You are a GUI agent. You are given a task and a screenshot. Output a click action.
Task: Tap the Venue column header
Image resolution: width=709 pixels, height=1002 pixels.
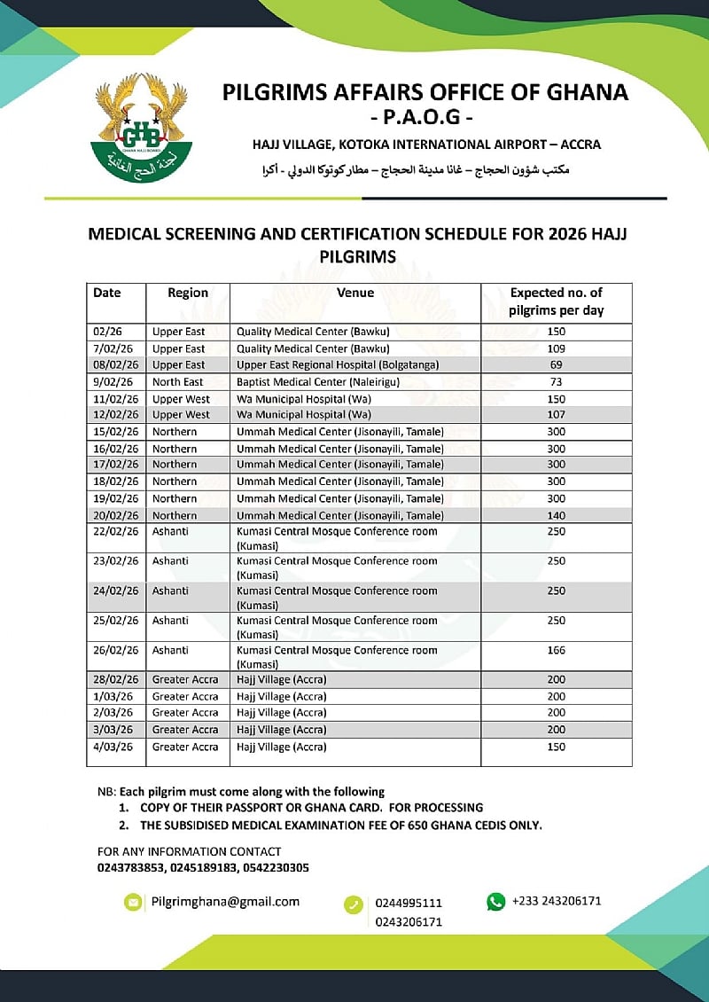click(x=355, y=293)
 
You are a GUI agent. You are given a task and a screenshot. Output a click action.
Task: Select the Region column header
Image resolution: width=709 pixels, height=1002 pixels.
click(x=188, y=293)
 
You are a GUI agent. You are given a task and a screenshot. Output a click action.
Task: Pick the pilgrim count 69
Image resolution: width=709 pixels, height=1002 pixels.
click(x=556, y=364)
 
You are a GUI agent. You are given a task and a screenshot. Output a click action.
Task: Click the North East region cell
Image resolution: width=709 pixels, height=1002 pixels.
click(x=178, y=382)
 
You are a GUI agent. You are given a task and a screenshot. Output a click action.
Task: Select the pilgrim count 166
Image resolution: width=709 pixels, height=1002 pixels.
click(x=556, y=650)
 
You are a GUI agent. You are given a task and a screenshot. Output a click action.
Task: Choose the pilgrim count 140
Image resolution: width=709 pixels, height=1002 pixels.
click(x=556, y=515)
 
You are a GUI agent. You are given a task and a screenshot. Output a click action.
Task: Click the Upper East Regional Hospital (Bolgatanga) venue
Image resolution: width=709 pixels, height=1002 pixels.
click(x=338, y=364)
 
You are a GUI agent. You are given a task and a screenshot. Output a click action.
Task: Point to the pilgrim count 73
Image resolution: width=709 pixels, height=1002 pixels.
click(x=556, y=382)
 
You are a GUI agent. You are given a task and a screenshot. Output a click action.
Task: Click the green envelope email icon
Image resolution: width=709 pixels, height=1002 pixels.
click(x=133, y=902)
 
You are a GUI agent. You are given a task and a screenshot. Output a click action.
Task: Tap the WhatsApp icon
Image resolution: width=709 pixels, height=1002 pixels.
click(x=495, y=902)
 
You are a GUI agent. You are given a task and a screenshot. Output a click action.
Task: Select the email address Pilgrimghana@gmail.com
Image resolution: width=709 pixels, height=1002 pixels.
click(x=225, y=902)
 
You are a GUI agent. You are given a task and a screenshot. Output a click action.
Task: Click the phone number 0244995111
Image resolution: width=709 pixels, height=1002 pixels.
click(x=409, y=903)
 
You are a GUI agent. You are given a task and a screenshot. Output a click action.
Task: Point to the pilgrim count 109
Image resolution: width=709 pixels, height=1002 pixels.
click(x=556, y=348)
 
